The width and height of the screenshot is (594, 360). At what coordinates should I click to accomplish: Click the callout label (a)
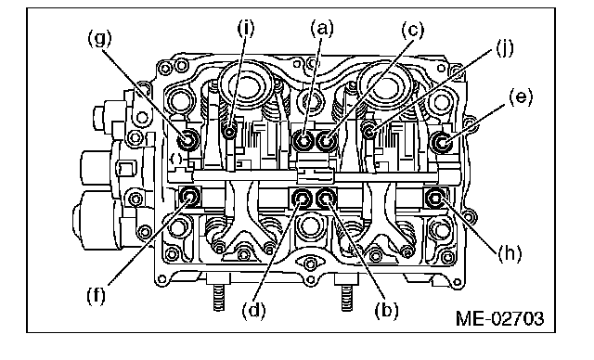322,29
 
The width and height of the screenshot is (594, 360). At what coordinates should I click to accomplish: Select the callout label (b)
386,310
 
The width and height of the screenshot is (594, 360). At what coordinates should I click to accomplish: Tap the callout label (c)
413,30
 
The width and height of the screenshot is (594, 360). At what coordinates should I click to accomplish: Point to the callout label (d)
253,310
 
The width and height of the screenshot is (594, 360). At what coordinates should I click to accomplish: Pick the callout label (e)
521,97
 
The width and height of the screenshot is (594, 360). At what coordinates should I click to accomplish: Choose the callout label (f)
96,295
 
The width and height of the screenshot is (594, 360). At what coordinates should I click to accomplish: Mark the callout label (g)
100,39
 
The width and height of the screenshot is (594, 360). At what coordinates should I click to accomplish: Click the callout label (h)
510,253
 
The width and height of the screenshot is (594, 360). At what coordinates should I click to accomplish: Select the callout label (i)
246,27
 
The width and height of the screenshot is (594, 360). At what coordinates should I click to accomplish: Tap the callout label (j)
505,48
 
